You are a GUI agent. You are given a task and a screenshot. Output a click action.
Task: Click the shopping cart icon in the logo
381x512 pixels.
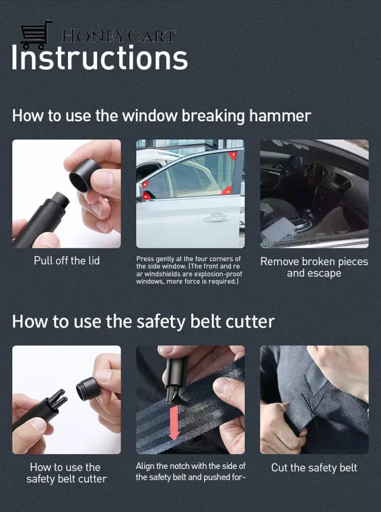(36, 35)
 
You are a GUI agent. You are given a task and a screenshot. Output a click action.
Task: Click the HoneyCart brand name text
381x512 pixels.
(118, 36)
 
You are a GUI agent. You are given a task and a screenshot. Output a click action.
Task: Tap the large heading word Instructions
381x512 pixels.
(100, 58)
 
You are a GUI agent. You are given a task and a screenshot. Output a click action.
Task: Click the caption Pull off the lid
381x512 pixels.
(66, 261)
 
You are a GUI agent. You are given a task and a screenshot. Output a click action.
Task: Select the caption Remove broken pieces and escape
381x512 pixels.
(314, 267)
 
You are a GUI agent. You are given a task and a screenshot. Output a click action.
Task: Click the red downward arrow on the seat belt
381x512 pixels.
(174, 422)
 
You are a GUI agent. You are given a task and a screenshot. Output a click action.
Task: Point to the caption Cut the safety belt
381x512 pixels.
(314, 467)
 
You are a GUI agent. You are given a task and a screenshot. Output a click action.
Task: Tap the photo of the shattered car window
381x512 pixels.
(314, 194)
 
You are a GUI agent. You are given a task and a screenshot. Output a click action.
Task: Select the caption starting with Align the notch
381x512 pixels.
(190, 472)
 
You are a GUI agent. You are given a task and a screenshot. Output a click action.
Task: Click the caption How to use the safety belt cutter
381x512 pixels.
(66, 473)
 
